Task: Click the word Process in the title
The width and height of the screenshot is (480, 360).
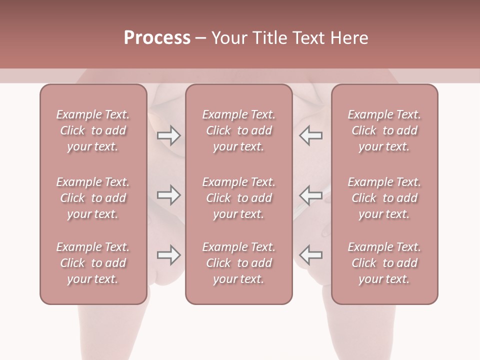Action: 157,38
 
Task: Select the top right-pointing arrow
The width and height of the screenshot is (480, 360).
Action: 168,135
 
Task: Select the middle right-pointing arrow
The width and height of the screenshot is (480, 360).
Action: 168,195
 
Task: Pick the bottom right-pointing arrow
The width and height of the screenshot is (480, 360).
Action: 168,255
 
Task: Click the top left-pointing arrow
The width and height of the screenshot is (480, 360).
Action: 311,135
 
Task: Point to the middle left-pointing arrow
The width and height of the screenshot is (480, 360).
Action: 311,195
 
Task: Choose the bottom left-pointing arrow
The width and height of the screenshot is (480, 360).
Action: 311,255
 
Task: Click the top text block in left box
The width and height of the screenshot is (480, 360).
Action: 93,130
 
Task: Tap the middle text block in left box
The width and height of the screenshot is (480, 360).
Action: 93,198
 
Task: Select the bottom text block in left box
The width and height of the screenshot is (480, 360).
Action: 93,263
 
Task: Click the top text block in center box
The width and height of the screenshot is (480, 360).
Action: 238,130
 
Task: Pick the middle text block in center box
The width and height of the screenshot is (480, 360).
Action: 238,198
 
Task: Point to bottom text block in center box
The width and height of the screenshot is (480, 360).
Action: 238,263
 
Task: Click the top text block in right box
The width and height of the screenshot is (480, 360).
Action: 384,130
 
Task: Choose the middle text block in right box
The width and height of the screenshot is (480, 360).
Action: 384,198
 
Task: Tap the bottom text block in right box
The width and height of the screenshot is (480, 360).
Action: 384,263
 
